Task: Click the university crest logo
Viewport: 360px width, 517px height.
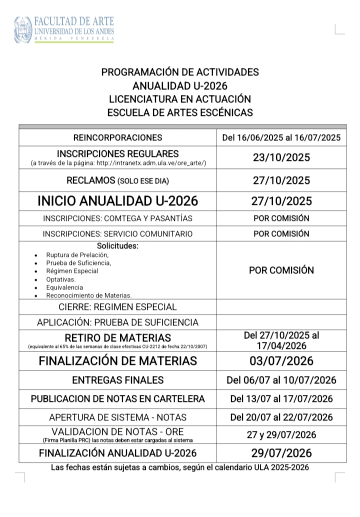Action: tap(23, 29)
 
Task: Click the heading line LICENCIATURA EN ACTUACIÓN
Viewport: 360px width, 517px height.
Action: tap(180, 99)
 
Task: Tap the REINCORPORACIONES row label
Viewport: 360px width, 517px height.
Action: tap(118, 137)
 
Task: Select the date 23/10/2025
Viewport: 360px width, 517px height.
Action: tap(281, 157)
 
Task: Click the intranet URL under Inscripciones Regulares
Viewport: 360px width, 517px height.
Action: tap(118, 163)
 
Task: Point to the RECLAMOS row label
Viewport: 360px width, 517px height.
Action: tap(118, 180)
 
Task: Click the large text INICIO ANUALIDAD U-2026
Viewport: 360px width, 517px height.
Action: tap(118, 201)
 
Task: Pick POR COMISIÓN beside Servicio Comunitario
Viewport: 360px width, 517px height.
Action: tap(281, 233)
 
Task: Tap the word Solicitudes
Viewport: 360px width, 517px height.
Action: tap(118, 246)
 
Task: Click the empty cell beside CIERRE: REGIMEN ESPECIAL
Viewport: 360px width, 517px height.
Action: tap(281, 306)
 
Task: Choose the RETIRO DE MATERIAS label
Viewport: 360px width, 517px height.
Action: tap(118, 337)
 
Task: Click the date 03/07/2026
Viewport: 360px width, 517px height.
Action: tap(281, 361)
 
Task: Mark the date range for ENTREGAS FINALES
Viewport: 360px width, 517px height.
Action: tap(281, 380)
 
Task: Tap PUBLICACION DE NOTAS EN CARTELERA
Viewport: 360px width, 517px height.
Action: tap(118, 399)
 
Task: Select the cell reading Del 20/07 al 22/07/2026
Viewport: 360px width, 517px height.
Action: tap(281, 417)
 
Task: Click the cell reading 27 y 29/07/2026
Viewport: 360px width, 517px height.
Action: tap(281, 435)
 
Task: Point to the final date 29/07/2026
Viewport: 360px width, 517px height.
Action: tap(281, 453)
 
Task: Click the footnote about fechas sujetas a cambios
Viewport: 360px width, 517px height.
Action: tap(180, 468)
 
